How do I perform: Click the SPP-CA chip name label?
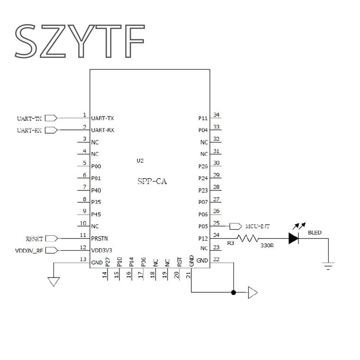click(152, 181)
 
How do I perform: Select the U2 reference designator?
click(140, 161)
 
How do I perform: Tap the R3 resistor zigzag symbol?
click(247, 239)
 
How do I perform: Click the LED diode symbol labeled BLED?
click(294, 239)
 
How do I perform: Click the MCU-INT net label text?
click(257, 226)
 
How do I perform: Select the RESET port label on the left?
click(34, 238)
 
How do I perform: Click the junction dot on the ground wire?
click(233, 293)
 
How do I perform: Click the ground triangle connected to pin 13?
click(54, 281)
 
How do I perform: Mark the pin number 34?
click(216, 115)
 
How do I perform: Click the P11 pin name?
click(203, 118)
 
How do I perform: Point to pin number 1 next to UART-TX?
click(84, 115)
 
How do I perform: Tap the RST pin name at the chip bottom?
click(179, 261)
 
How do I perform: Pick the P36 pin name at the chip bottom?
click(144, 261)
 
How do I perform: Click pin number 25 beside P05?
click(216, 223)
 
